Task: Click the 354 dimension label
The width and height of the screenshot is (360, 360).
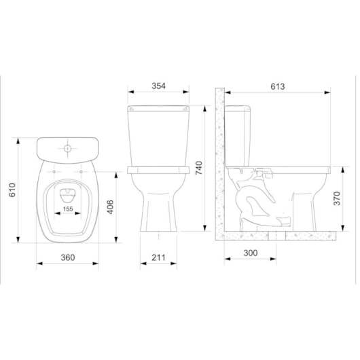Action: [159, 86]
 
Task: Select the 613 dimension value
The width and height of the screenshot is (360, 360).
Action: [277, 86]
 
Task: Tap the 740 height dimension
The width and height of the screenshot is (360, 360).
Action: [199, 168]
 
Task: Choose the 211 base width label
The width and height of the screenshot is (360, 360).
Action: [158, 257]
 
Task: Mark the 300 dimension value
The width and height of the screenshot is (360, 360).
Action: [251, 253]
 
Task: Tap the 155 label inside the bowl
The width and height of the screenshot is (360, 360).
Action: [68, 210]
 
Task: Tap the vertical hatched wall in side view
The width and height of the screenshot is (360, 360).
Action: [219, 163]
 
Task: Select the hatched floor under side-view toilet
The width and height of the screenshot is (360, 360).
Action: [278, 235]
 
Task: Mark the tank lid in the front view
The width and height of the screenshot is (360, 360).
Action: [158, 108]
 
